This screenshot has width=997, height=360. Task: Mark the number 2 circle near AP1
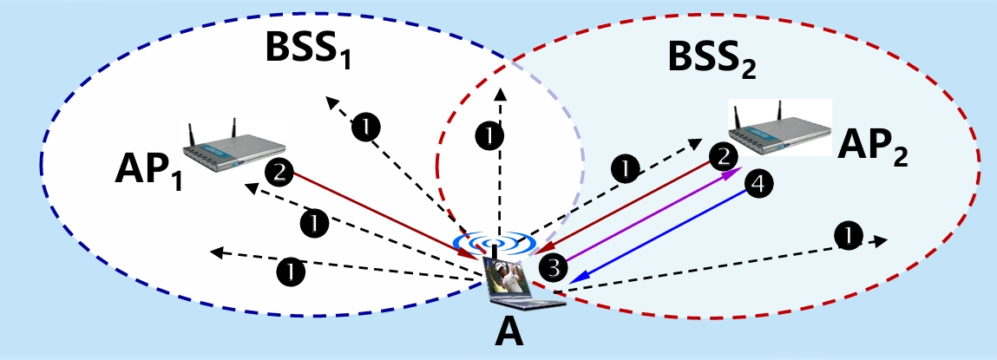pos(279,172)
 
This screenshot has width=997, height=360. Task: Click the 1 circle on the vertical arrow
pos(491,135)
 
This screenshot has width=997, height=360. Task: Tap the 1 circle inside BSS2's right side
pos(847,233)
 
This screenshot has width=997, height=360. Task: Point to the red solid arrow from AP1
pos(382,213)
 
